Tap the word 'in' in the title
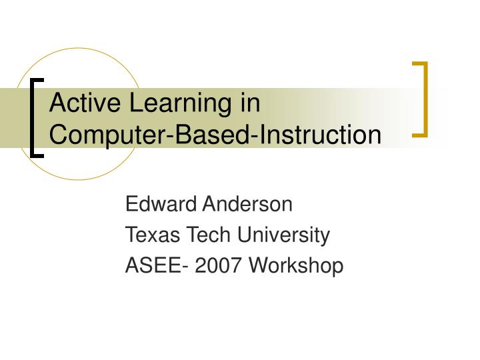tap(249, 104)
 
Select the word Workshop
tap(297, 267)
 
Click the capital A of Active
tap(58, 104)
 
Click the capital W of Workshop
tap(259, 266)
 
